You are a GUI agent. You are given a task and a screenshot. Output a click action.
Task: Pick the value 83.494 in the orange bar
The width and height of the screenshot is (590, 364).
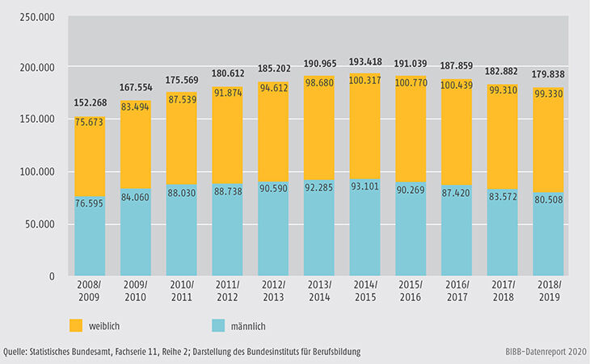[141, 107]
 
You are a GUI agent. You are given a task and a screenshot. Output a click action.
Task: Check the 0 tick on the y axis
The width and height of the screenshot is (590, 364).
[50, 277]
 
